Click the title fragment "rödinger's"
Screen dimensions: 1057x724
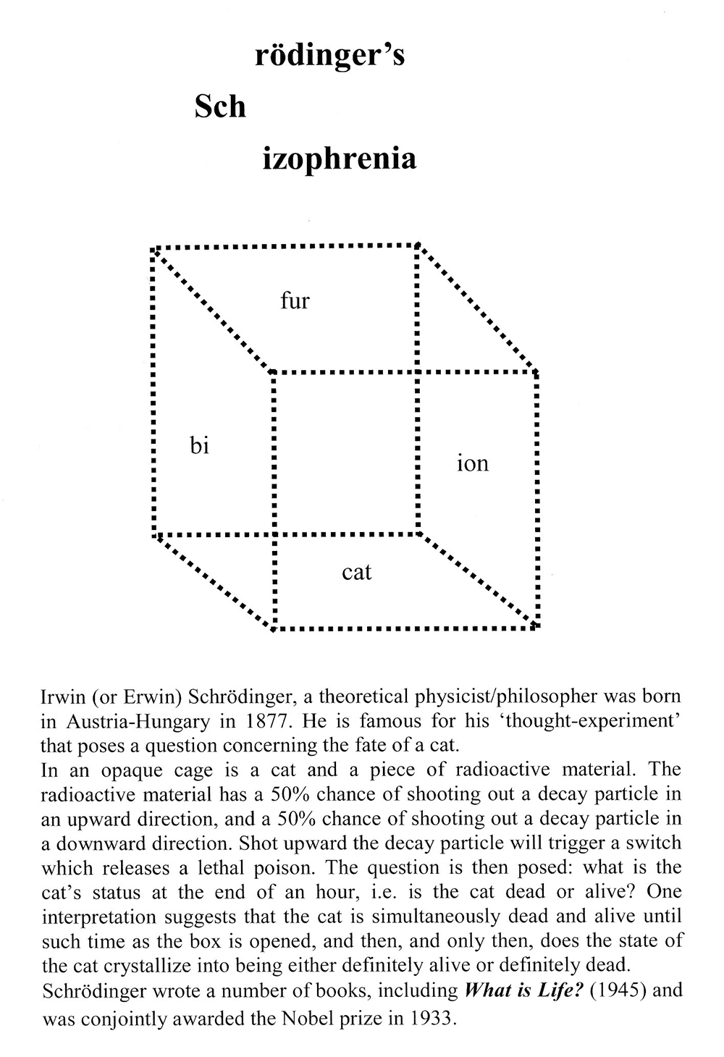[329, 56]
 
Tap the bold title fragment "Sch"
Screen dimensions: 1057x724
[220, 107]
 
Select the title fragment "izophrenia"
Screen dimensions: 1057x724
[339, 159]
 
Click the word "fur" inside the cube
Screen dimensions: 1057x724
[295, 300]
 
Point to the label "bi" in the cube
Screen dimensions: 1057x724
[199, 446]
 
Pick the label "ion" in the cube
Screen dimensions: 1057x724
[472, 463]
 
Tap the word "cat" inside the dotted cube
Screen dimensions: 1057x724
[356, 572]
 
